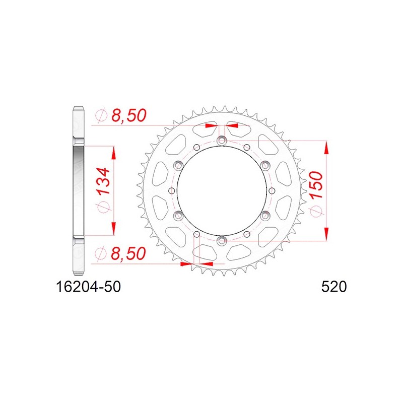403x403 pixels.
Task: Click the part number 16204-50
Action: click(88, 287)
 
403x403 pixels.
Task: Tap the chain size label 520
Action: click(334, 287)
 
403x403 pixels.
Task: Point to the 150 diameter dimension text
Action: click(316, 185)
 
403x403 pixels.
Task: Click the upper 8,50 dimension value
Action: click(129, 115)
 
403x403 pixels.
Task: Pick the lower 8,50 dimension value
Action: click(128, 253)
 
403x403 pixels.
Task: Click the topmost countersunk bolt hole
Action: click(221, 141)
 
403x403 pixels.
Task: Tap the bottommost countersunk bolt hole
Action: click(221, 241)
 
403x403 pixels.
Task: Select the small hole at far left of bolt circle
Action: click(172, 191)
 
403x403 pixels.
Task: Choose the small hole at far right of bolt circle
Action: click(272, 191)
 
